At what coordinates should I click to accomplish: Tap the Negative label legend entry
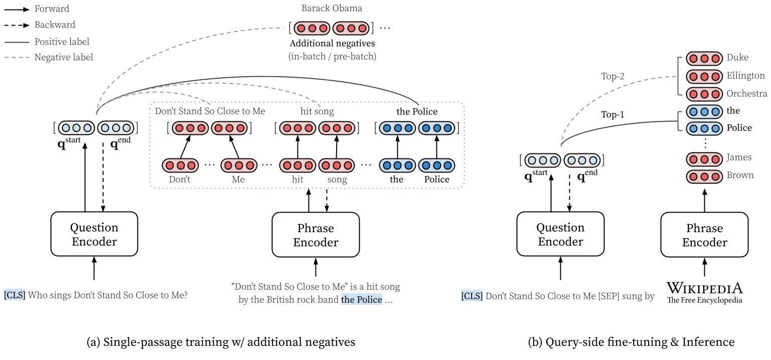coord(63,57)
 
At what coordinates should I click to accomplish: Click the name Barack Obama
coord(332,9)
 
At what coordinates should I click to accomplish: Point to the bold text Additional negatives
coord(332,44)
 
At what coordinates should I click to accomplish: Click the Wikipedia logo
coord(704,292)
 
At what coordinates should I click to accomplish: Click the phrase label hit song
coord(317,112)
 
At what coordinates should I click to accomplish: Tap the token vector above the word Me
coord(239,165)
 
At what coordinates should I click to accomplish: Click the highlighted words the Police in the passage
coord(361,300)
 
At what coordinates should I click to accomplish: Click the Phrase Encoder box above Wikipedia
coord(704,235)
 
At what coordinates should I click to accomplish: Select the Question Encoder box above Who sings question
coord(94,234)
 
